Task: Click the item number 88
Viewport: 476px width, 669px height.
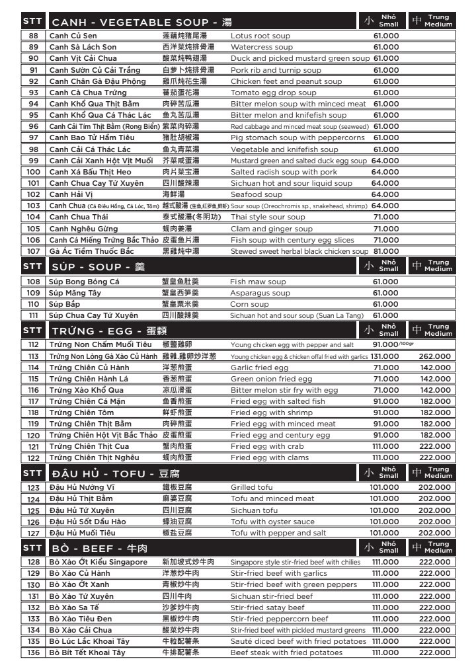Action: (34, 36)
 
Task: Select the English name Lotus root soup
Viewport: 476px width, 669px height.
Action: (260, 36)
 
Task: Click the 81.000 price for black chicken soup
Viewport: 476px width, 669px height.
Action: (386, 251)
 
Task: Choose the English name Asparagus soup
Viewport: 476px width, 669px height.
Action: (260, 293)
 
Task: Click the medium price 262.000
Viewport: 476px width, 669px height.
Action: (434, 356)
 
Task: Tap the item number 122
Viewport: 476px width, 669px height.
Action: (34, 457)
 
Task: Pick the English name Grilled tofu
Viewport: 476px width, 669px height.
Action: (251, 487)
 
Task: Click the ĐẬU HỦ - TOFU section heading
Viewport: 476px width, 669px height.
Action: (115, 473)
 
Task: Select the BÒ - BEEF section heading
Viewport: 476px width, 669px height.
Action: (99, 548)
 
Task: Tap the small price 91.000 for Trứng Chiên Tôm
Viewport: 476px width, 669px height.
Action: (386, 413)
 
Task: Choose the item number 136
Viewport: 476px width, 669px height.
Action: (34, 652)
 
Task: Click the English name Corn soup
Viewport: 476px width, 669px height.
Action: (249, 304)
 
